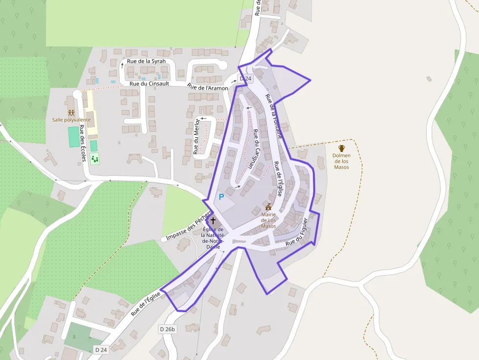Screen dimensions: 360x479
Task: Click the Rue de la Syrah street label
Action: click(x=146, y=62)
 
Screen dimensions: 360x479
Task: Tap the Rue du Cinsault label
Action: click(x=149, y=84)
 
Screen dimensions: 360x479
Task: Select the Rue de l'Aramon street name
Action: click(x=208, y=88)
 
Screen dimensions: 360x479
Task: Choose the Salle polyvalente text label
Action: click(x=71, y=120)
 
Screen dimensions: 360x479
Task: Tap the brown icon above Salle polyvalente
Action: click(x=71, y=113)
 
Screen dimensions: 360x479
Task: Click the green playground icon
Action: click(x=95, y=158)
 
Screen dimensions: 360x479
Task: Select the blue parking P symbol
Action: click(x=221, y=197)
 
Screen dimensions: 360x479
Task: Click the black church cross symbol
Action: click(x=213, y=221)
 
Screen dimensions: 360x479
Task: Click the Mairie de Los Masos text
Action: click(x=268, y=220)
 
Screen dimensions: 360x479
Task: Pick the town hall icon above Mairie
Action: click(x=268, y=207)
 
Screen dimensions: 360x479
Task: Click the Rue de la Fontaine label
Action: click(x=274, y=116)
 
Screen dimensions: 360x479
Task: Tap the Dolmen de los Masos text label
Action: click(x=342, y=161)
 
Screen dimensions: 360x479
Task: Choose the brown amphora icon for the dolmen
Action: click(x=342, y=148)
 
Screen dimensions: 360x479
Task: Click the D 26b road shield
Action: click(x=167, y=329)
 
